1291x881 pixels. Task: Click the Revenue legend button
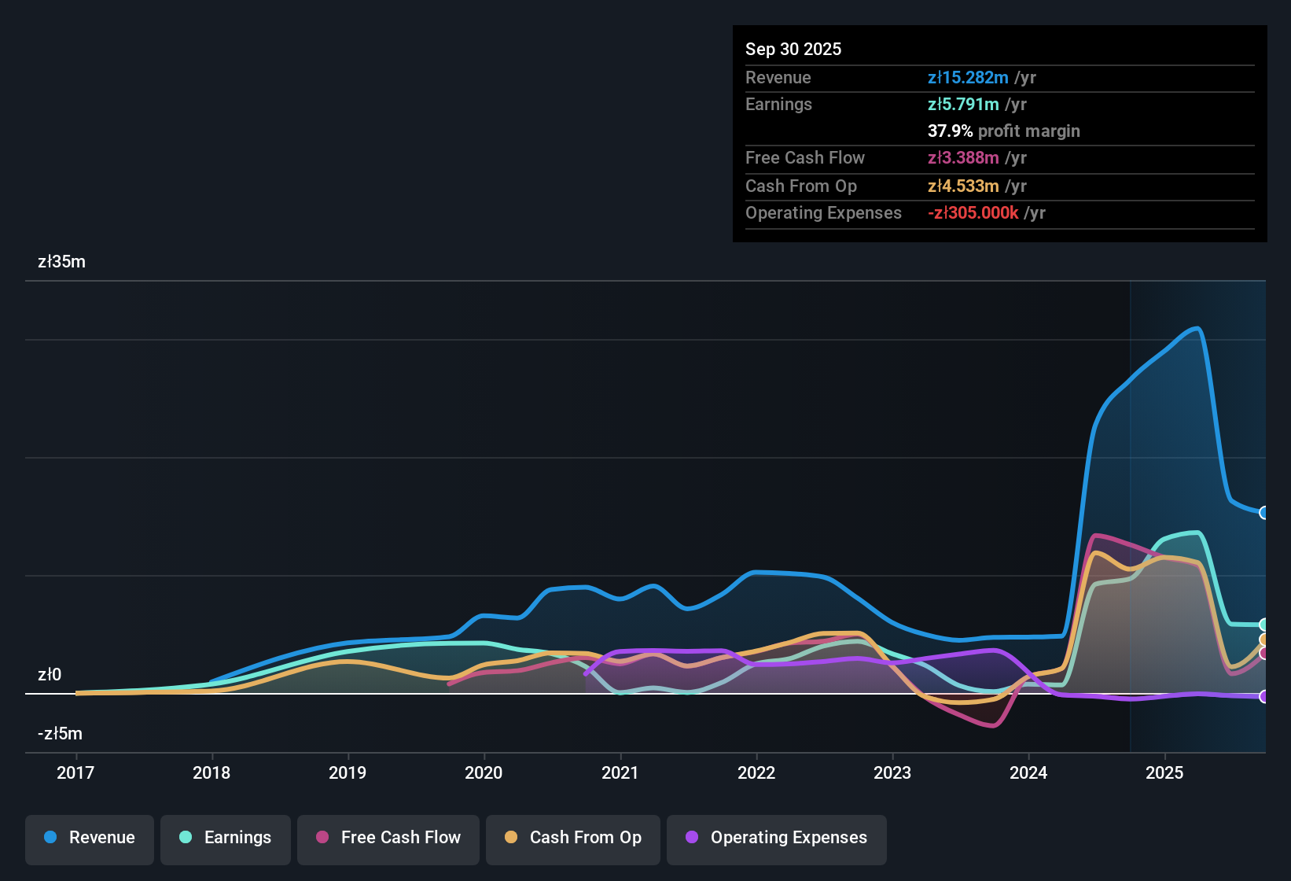90,838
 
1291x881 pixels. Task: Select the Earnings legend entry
226,838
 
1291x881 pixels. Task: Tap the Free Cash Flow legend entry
388,838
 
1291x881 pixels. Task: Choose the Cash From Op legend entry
573,838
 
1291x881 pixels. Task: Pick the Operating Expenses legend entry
777,838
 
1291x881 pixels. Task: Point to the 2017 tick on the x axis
75,772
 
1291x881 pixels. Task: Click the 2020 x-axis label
484,772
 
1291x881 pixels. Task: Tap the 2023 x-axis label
892,772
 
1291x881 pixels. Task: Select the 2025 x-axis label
1164,772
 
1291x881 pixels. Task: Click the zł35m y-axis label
61,262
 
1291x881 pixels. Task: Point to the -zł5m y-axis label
60,734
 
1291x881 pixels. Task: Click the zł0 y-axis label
50,675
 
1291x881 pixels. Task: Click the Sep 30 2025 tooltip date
793,50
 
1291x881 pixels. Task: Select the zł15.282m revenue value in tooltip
968,78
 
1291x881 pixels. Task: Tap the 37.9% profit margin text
1003,131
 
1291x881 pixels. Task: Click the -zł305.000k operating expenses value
973,213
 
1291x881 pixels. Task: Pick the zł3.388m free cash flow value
963,158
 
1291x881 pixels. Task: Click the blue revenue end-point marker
1263,513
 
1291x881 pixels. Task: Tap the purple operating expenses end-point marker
1263,696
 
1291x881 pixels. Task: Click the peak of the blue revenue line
1197,328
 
